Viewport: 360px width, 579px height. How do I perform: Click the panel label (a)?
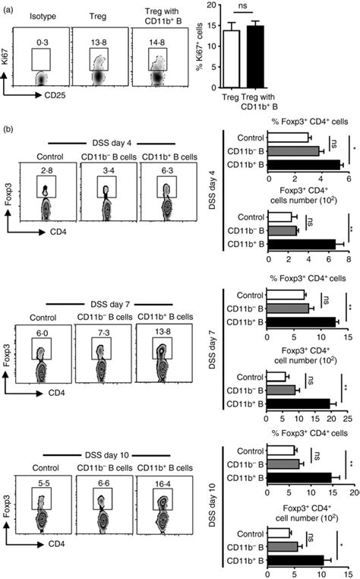click(8, 7)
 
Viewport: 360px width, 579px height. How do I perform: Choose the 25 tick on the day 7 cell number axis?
click(349, 419)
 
